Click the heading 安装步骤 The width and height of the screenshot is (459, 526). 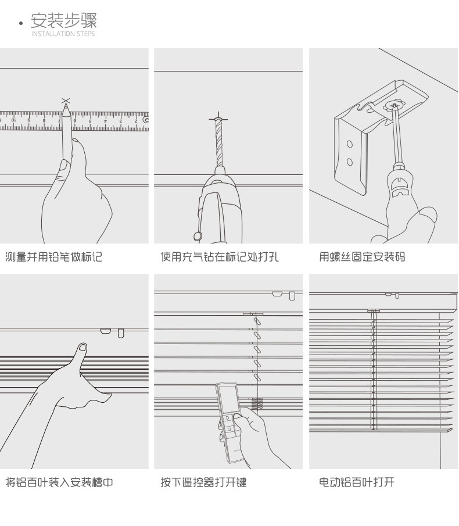[64, 21]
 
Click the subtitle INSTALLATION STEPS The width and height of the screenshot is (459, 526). [63, 34]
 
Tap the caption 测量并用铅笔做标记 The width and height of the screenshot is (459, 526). [54, 257]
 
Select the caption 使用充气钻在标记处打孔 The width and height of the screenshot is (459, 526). [220, 257]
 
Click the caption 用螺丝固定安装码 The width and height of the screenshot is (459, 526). [362, 257]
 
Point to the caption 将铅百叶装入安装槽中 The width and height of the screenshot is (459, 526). [59, 482]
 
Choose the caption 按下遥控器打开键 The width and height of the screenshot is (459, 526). [204, 482]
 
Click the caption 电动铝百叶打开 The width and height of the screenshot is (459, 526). [357, 482]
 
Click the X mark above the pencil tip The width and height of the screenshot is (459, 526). [66, 101]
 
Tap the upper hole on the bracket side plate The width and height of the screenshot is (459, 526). [349, 144]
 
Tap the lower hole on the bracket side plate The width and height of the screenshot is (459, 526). [349, 162]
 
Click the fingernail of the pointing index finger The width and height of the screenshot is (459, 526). [83, 348]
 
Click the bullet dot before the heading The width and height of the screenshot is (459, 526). [21, 24]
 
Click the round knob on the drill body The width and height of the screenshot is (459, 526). [198, 235]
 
